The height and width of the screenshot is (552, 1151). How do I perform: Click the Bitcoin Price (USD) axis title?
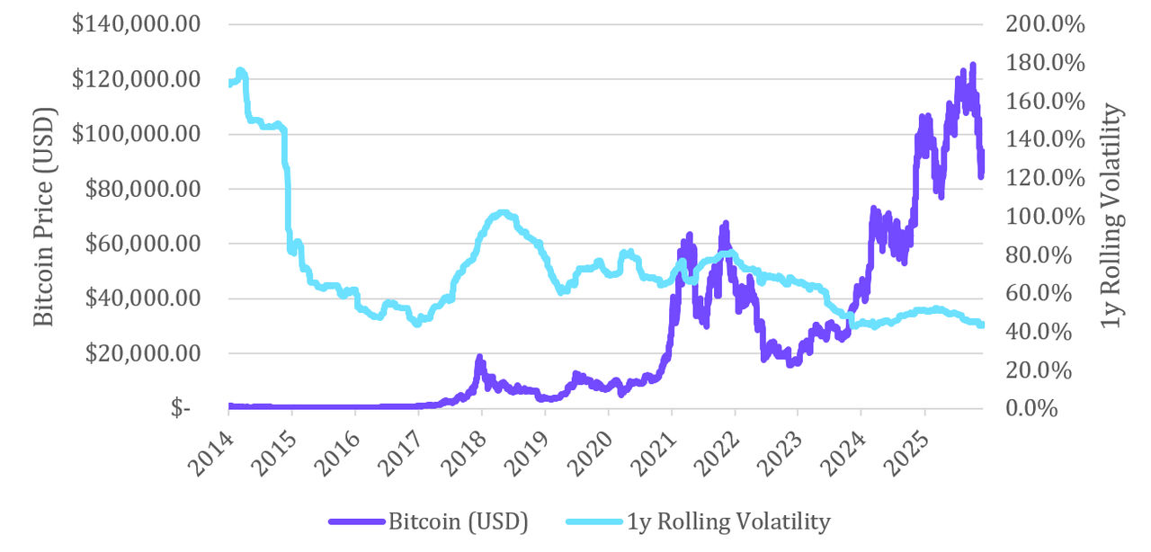[x=44, y=217]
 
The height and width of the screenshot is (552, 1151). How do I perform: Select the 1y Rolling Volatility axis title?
[x=1114, y=217]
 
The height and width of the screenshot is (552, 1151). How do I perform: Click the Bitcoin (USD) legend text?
[x=458, y=521]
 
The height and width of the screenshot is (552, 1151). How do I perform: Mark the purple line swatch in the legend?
[x=357, y=521]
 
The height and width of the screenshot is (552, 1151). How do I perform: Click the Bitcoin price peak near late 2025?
[x=972, y=66]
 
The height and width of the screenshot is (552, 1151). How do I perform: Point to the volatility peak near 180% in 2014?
[x=240, y=70]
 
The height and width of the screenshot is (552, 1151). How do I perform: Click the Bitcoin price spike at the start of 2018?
[x=479, y=358]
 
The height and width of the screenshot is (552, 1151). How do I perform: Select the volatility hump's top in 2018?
[x=503, y=213]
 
